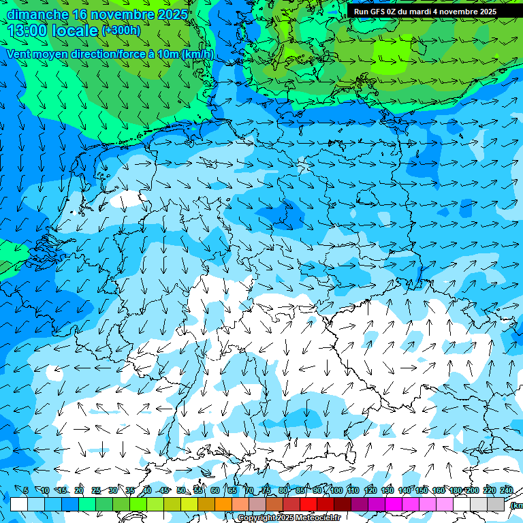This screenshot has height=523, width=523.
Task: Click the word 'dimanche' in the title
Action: point(37,14)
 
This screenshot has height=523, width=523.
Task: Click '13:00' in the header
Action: point(29,31)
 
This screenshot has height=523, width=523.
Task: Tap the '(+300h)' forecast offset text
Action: point(121,31)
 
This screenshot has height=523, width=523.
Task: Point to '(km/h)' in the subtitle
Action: point(197,54)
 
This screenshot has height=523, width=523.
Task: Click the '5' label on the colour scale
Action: point(26,490)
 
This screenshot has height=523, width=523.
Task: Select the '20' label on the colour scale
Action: point(79,490)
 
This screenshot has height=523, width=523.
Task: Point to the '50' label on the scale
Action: point(181,490)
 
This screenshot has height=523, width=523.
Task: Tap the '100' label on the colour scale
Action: point(336,490)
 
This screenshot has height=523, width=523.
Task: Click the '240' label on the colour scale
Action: point(507,490)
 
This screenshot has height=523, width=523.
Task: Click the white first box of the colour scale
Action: point(19,504)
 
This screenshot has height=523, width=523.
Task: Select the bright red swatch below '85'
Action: point(308,504)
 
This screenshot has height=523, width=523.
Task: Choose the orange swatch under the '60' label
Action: point(223,504)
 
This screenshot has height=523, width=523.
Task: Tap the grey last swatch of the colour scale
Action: point(496,504)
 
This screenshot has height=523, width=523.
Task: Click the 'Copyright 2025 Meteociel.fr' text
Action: point(288,518)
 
